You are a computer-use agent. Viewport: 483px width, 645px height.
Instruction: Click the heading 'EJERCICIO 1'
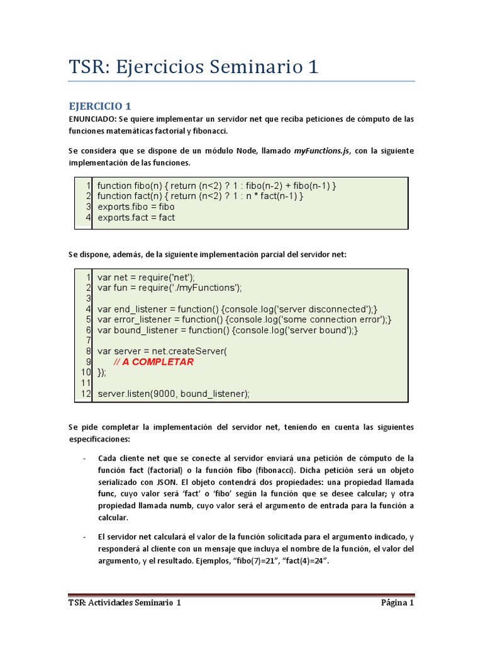[99, 106]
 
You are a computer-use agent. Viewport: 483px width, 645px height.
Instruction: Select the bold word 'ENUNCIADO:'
[92, 119]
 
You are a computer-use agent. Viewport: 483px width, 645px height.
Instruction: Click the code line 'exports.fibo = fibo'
[136, 207]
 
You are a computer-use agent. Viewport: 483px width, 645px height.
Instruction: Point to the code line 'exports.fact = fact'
[136, 217]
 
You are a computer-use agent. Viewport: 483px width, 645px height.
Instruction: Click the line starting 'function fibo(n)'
[217, 185]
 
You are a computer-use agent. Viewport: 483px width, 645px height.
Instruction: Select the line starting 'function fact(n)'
[200, 196]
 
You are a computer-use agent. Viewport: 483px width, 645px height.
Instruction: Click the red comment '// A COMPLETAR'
[153, 362]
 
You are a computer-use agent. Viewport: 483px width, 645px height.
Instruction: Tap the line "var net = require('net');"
[146, 277]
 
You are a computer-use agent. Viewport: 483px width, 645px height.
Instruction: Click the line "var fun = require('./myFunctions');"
[169, 287]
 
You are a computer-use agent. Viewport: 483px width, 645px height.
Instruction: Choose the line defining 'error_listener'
[244, 319]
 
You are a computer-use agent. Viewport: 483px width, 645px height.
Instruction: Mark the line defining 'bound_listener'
[228, 330]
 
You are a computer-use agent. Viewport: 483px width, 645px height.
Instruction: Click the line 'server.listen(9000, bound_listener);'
[174, 394]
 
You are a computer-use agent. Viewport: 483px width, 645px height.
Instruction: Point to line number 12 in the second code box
[87, 394]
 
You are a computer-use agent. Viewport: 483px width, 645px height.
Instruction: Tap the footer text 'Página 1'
[397, 603]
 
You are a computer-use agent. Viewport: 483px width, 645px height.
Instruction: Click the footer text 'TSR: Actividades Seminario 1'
[125, 603]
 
